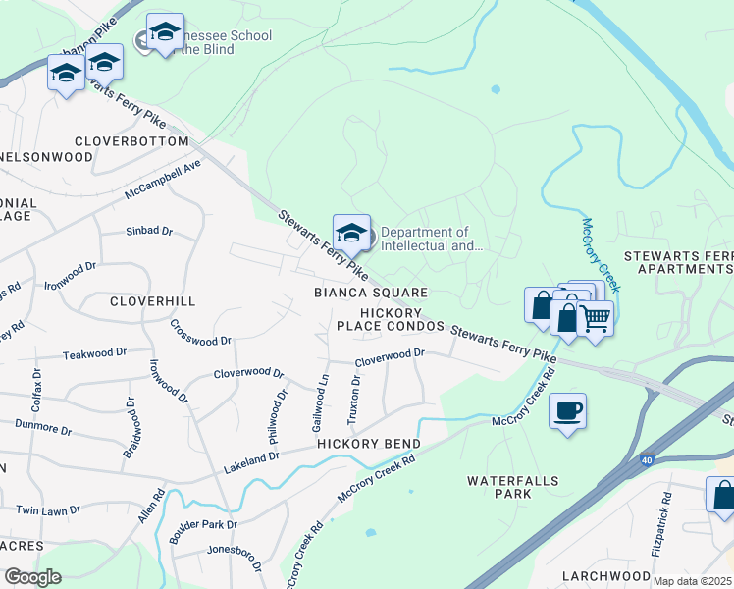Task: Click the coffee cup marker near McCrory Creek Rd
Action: [567, 410]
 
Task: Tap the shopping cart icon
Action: [595, 317]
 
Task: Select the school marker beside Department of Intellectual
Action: [351, 234]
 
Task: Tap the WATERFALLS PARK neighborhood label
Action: [512, 487]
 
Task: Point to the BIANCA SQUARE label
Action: [370, 293]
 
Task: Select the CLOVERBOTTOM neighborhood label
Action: [130, 141]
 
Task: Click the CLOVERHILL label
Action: [153, 300]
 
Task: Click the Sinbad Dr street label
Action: [149, 232]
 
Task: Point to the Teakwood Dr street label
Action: [94, 353]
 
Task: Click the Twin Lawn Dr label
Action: [48, 510]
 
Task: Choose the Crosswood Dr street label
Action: [200, 333]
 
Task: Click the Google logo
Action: [33, 577]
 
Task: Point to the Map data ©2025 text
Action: [693, 581]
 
